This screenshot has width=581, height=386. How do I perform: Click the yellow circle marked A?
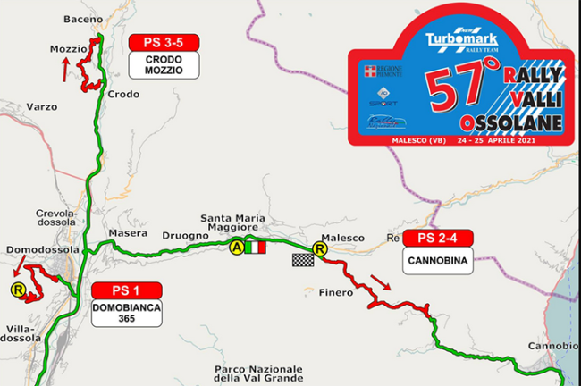click(x=237, y=248)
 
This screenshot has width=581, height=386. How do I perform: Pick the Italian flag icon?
click(x=256, y=248)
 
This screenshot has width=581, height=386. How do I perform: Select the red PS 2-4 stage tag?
click(x=438, y=239)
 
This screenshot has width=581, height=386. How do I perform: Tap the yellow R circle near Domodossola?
click(x=17, y=289)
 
